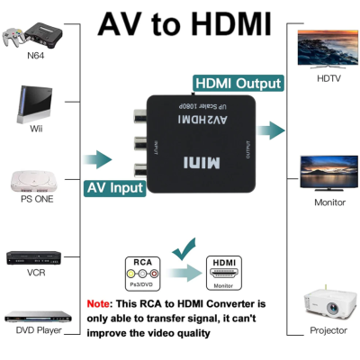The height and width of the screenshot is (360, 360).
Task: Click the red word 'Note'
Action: click(100, 304)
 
